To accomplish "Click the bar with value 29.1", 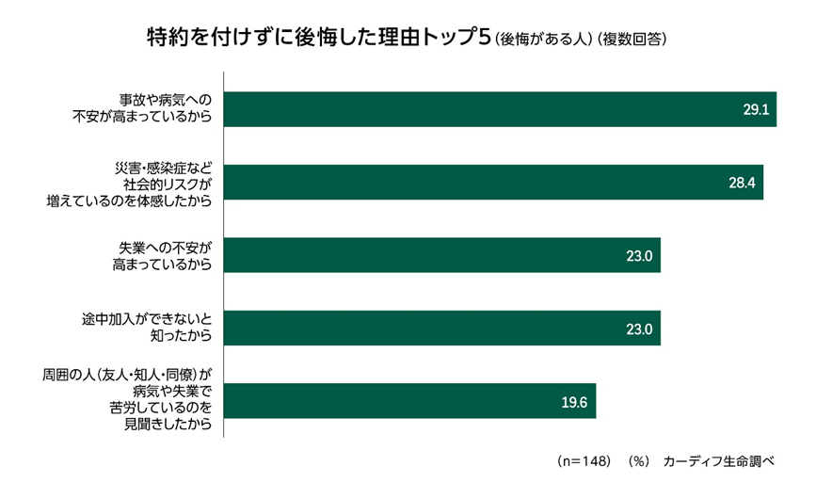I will click(x=499, y=109).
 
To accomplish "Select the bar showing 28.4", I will click(x=493, y=182).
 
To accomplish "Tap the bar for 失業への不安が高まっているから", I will click(x=441, y=255).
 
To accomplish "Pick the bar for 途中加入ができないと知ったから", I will click(x=441, y=329).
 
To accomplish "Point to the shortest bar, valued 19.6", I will click(x=409, y=401).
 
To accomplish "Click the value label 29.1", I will click(x=756, y=110).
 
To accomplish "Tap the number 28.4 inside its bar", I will click(x=743, y=183).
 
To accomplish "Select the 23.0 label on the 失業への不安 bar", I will click(x=639, y=256).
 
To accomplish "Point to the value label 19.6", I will click(x=574, y=402).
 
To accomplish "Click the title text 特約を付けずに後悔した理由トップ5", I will click(x=315, y=38).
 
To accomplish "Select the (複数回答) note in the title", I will click(x=632, y=40).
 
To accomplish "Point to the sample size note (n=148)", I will click(x=584, y=461).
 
